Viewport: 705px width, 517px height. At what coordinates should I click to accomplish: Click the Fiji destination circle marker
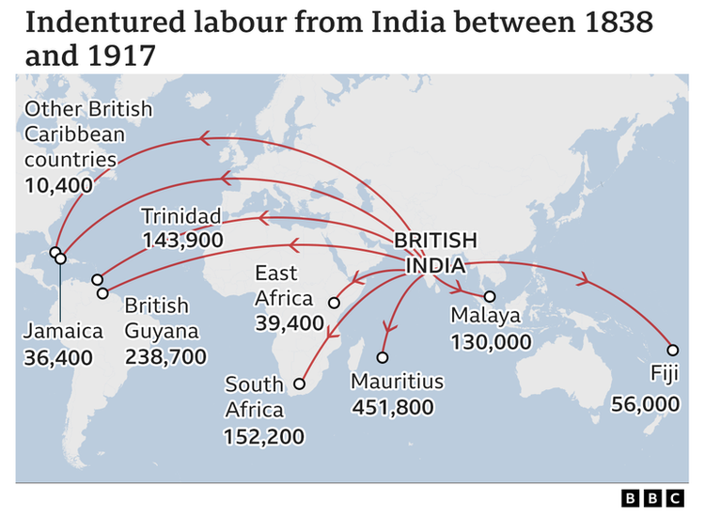tap(672, 348)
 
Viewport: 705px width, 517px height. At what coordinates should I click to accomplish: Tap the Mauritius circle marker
tap(383, 357)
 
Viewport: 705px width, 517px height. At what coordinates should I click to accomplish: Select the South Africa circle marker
tap(300, 384)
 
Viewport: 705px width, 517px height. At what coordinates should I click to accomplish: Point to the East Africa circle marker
tap(334, 303)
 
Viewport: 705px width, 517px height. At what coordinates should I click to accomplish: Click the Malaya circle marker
tap(489, 297)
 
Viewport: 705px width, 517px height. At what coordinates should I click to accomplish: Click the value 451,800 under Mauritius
tap(392, 407)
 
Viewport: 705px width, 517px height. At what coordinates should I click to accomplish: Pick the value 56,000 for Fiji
tap(644, 403)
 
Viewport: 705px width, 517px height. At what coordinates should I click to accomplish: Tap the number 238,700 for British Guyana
tap(165, 356)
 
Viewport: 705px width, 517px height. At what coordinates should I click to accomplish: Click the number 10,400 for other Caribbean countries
tap(59, 184)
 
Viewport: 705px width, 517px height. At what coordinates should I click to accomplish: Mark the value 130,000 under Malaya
tap(492, 341)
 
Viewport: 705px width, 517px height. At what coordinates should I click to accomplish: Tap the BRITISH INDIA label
tap(435, 252)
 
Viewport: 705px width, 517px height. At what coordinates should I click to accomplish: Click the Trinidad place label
tap(180, 216)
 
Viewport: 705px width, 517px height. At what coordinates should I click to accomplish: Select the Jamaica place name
tap(63, 332)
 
